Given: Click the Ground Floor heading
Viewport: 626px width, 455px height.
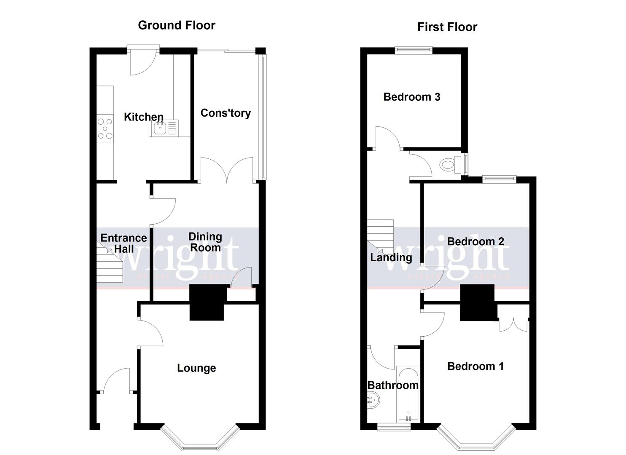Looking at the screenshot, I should [x=177, y=25].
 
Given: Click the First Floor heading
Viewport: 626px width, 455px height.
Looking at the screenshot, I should [x=447, y=27].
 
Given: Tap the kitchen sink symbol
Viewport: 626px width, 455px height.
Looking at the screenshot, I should [x=160, y=128].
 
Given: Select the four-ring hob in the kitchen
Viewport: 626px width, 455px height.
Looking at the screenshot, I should [x=105, y=128].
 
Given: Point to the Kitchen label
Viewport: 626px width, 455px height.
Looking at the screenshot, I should [x=143, y=117].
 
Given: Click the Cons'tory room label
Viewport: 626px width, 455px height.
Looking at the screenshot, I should [x=226, y=113].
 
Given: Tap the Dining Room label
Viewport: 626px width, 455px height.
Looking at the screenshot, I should [x=205, y=242].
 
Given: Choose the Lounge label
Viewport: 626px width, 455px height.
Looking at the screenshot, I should [x=196, y=368].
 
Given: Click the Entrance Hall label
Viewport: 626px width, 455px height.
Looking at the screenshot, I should [x=124, y=243].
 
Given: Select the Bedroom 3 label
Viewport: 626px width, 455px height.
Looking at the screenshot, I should [x=411, y=97].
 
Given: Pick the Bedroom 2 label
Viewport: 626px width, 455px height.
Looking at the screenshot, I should [x=475, y=241].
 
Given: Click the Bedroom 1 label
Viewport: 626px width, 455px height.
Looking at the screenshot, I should [x=475, y=366].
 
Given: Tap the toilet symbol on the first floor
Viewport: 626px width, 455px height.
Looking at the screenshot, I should [x=448, y=163].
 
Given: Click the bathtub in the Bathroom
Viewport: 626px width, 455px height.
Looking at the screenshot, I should [x=408, y=394].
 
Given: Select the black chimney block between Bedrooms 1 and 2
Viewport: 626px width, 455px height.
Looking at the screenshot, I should [x=477, y=302].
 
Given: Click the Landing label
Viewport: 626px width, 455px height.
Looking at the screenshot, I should [x=391, y=257].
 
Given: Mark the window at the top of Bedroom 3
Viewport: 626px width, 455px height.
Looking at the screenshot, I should [x=414, y=50].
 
